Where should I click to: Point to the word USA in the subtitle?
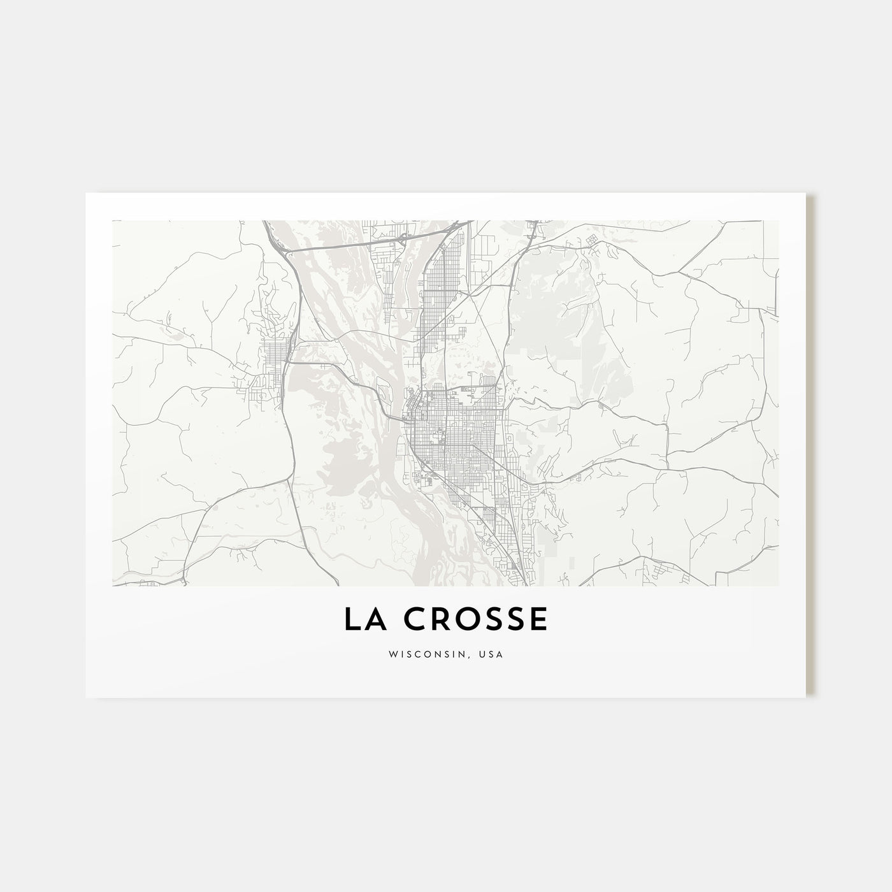(x=492, y=654)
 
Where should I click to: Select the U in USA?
(x=484, y=654)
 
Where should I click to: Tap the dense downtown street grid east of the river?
(x=459, y=433)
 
